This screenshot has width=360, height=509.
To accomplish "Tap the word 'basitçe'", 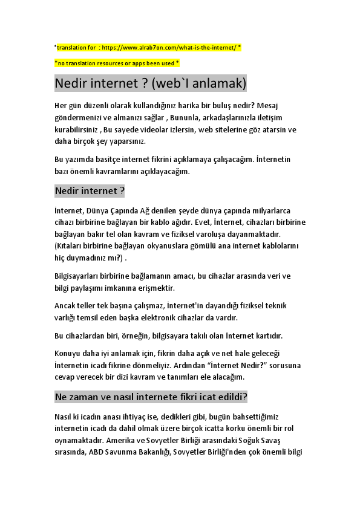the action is point(100,160).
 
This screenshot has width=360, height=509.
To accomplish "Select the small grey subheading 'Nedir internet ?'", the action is point(90,191).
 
